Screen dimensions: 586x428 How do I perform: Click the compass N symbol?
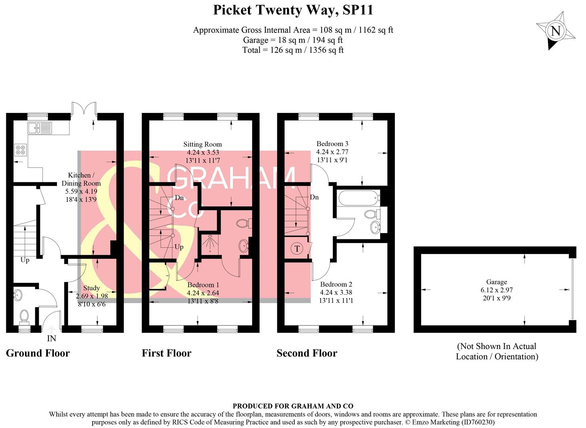(x=556, y=31)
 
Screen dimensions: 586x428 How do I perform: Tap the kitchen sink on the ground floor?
(x=40, y=128)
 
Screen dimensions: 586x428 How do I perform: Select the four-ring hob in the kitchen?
(x=20, y=150)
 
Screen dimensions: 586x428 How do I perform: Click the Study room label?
(x=91, y=288)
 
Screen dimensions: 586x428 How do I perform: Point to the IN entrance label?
(x=51, y=338)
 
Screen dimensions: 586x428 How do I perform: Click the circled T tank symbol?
(x=297, y=249)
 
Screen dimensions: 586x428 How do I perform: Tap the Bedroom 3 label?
(x=332, y=143)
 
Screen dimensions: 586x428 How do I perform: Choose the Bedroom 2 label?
(x=336, y=284)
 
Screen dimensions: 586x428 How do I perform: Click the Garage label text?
(x=497, y=282)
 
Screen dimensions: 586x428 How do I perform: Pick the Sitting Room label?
(x=203, y=144)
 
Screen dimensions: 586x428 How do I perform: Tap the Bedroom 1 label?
(x=203, y=285)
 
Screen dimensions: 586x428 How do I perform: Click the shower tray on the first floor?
(x=209, y=245)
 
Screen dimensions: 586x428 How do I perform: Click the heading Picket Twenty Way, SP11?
(x=293, y=10)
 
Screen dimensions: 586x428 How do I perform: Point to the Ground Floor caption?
(x=38, y=353)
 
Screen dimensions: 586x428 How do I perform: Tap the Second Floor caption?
(x=307, y=353)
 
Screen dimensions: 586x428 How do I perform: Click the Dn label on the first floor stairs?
(x=179, y=198)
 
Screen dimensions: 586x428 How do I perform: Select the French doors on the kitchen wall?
(x=84, y=109)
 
